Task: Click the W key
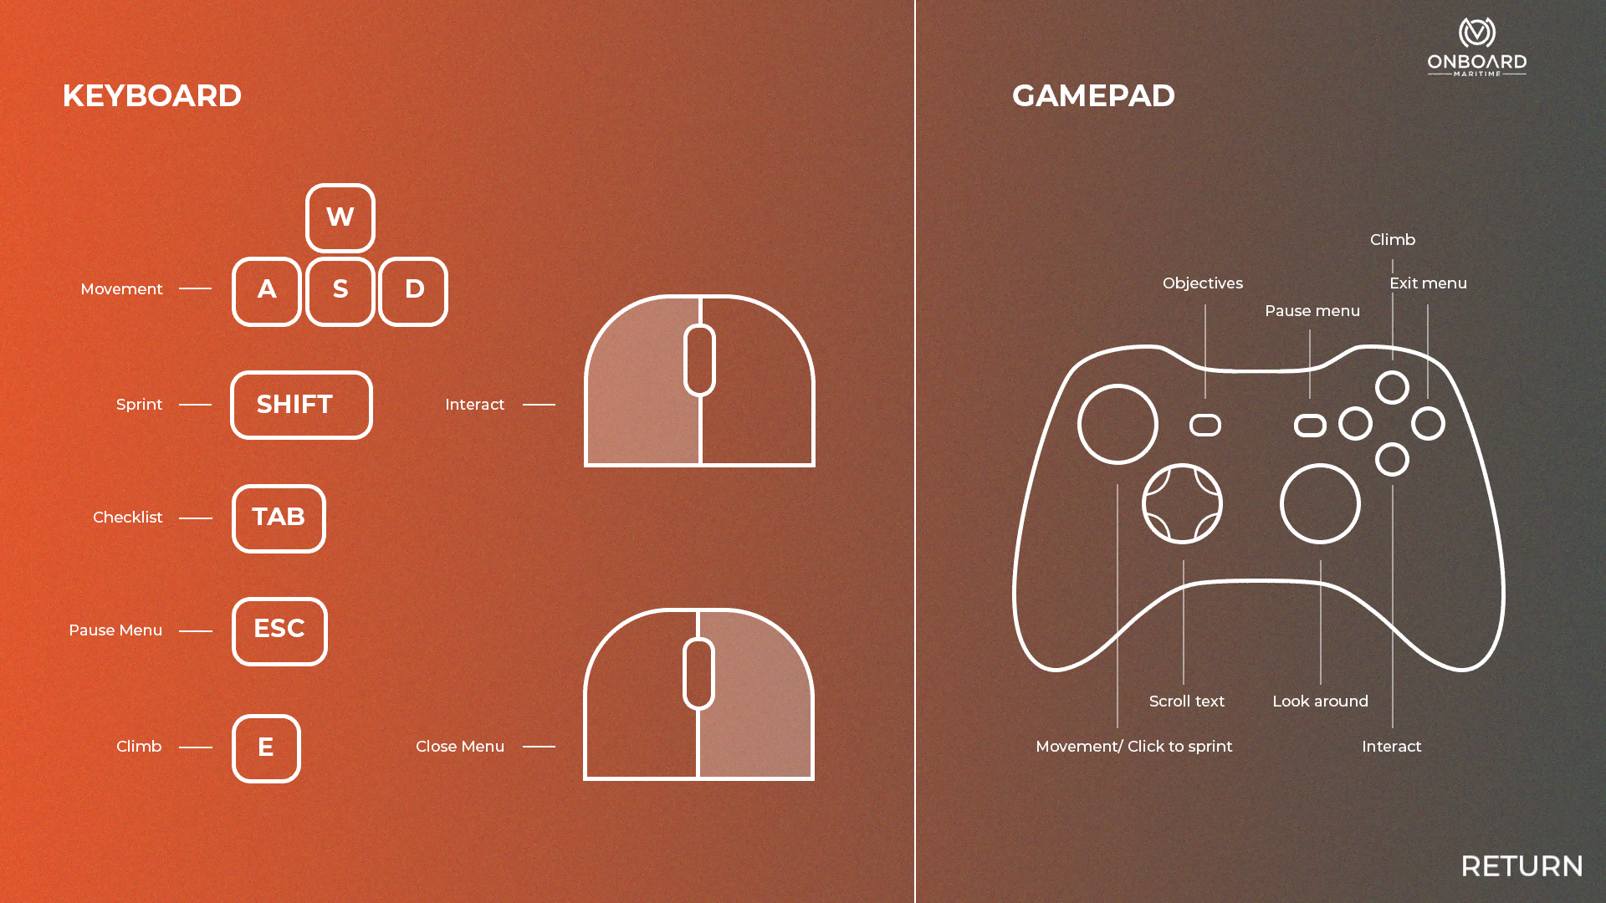[340, 217]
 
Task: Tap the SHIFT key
[301, 405]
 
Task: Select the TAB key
[279, 518]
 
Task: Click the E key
[266, 747]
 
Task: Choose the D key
[413, 290]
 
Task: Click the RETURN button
[1522, 866]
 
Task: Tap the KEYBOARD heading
[151, 96]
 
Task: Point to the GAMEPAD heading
[1093, 96]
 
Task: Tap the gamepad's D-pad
[1182, 504]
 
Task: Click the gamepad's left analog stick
[1118, 424]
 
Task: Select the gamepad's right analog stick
[1320, 504]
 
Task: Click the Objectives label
[1202, 283]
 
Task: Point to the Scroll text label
[1186, 701]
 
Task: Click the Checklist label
[127, 518]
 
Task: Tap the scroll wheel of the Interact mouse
[699, 360]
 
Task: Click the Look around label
[1320, 701]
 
